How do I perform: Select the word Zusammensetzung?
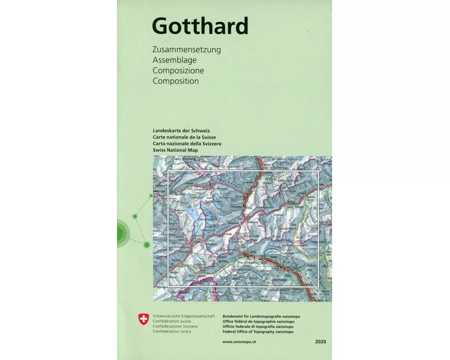point(187,49)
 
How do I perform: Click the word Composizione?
point(178,71)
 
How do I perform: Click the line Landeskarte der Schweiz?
point(179,130)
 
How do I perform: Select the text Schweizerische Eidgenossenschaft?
point(184,316)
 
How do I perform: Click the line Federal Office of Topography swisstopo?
point(258,332)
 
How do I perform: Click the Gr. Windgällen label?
point(286,159)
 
